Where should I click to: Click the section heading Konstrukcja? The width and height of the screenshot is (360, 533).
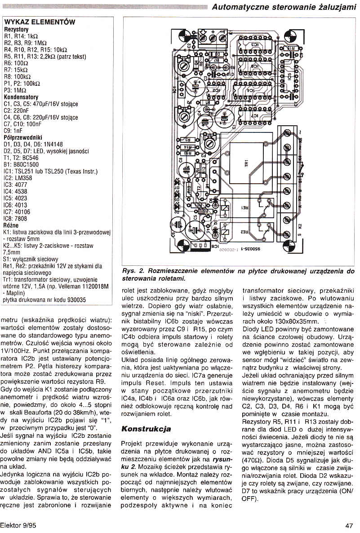146,428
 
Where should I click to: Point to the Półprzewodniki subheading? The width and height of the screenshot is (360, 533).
23,137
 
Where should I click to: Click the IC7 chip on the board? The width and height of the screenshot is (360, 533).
254,116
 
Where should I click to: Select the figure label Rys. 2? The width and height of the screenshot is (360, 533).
132,271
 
